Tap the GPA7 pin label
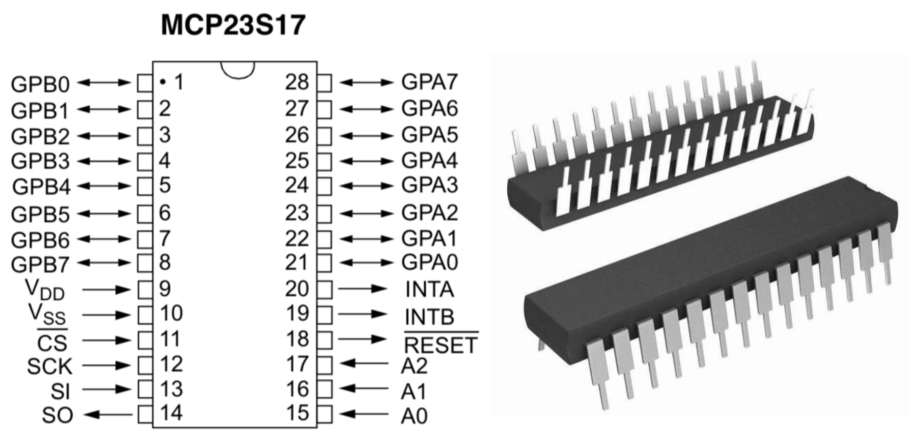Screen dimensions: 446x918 pos(430,83)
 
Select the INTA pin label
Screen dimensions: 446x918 pos(430,290)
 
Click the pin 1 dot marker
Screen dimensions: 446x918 pos(164,83)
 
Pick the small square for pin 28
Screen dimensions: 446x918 pos(325,83)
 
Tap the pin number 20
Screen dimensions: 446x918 pos(297,289)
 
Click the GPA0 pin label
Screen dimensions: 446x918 pos(430,263)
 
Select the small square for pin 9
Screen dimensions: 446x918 pos(144,289)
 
